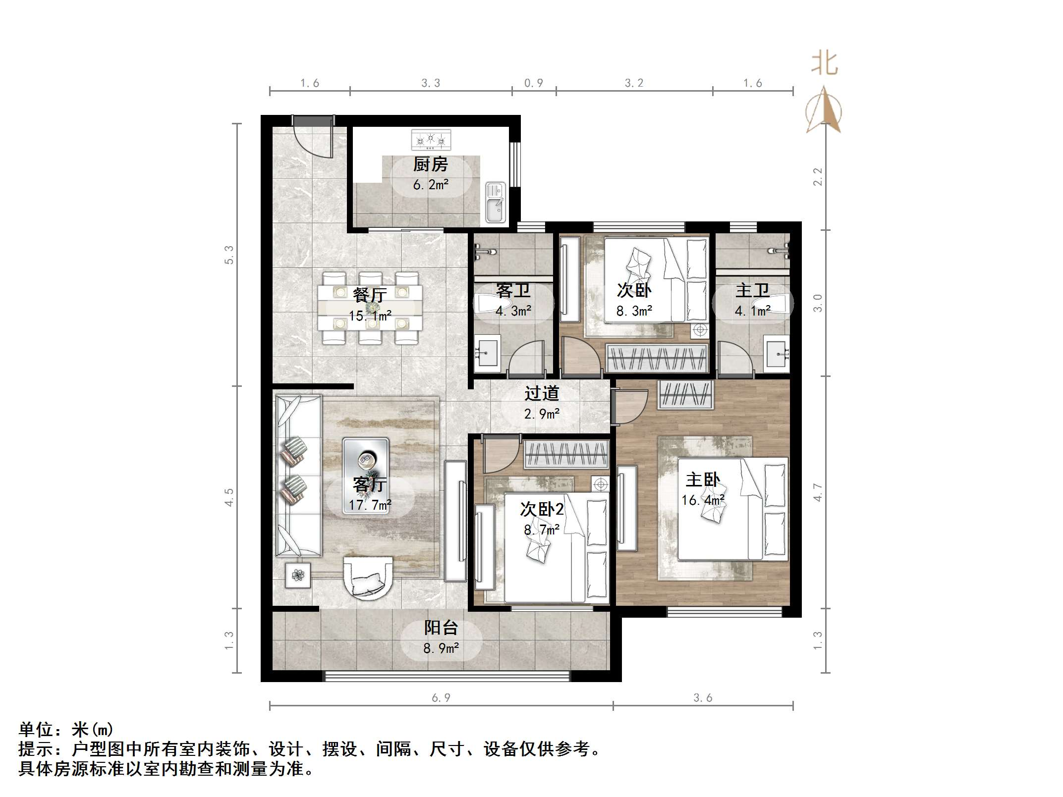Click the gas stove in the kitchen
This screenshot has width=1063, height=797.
pos(431,140)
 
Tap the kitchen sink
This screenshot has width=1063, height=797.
pos(495,202)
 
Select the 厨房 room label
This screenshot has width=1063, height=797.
pos(431,164)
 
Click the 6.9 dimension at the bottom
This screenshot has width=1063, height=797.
pos(441,698)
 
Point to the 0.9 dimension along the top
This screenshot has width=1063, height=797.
pos(534,83)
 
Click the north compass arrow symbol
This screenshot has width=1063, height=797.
pos(824,110)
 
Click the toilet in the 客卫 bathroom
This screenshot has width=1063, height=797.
pos(491,303)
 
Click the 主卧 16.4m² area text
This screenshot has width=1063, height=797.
pos(703,500)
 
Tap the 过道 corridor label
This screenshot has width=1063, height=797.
pos(542,393)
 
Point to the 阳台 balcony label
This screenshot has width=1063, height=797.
pos(441,628)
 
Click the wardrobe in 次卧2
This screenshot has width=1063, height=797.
pos(566,454)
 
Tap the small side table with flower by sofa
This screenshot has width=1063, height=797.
pos(298,575)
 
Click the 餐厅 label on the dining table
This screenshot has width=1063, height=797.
pos(370,295)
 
